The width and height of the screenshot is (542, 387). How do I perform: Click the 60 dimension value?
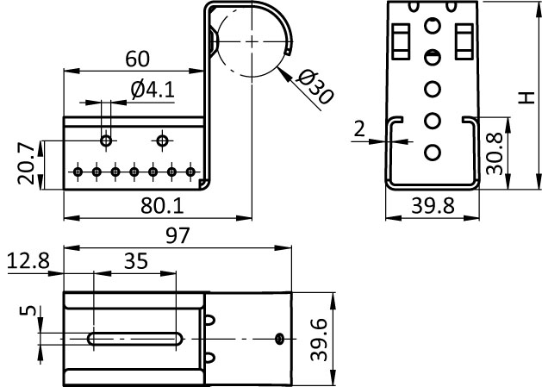(x=138, y=59)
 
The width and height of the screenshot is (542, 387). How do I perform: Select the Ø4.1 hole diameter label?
(x=153, y=90)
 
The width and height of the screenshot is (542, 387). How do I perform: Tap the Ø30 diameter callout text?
(x=315, y=87)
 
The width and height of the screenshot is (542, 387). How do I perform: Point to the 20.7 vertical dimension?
(x=26, y=164)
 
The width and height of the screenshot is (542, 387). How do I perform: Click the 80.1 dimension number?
(x=162, y=206)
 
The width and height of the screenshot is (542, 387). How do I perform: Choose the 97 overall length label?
(x=178, y=235)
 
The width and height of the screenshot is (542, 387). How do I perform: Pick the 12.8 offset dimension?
(x=28, y=261)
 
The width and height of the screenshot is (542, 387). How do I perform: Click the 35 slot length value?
(x=136, y=261)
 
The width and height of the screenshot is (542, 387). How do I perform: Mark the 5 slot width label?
(x=28, y=310)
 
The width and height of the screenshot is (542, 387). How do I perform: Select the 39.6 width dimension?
(x=319, y=340)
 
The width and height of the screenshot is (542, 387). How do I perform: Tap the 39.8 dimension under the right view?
(x=433, y=206)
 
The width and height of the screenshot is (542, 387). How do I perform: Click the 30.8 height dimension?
(x=494, y=153)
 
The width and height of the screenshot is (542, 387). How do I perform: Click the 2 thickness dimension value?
(x=359, y=129)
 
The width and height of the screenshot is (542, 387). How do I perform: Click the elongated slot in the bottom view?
(x=135, y=339)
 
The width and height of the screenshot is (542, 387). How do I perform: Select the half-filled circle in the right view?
(x=433, y=58)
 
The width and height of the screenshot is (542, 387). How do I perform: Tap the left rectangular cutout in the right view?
(x=401, y=41)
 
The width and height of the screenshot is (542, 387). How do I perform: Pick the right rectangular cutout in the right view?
(x=464, y=41)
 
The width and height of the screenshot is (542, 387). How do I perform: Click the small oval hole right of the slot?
(x=279, y=339)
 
